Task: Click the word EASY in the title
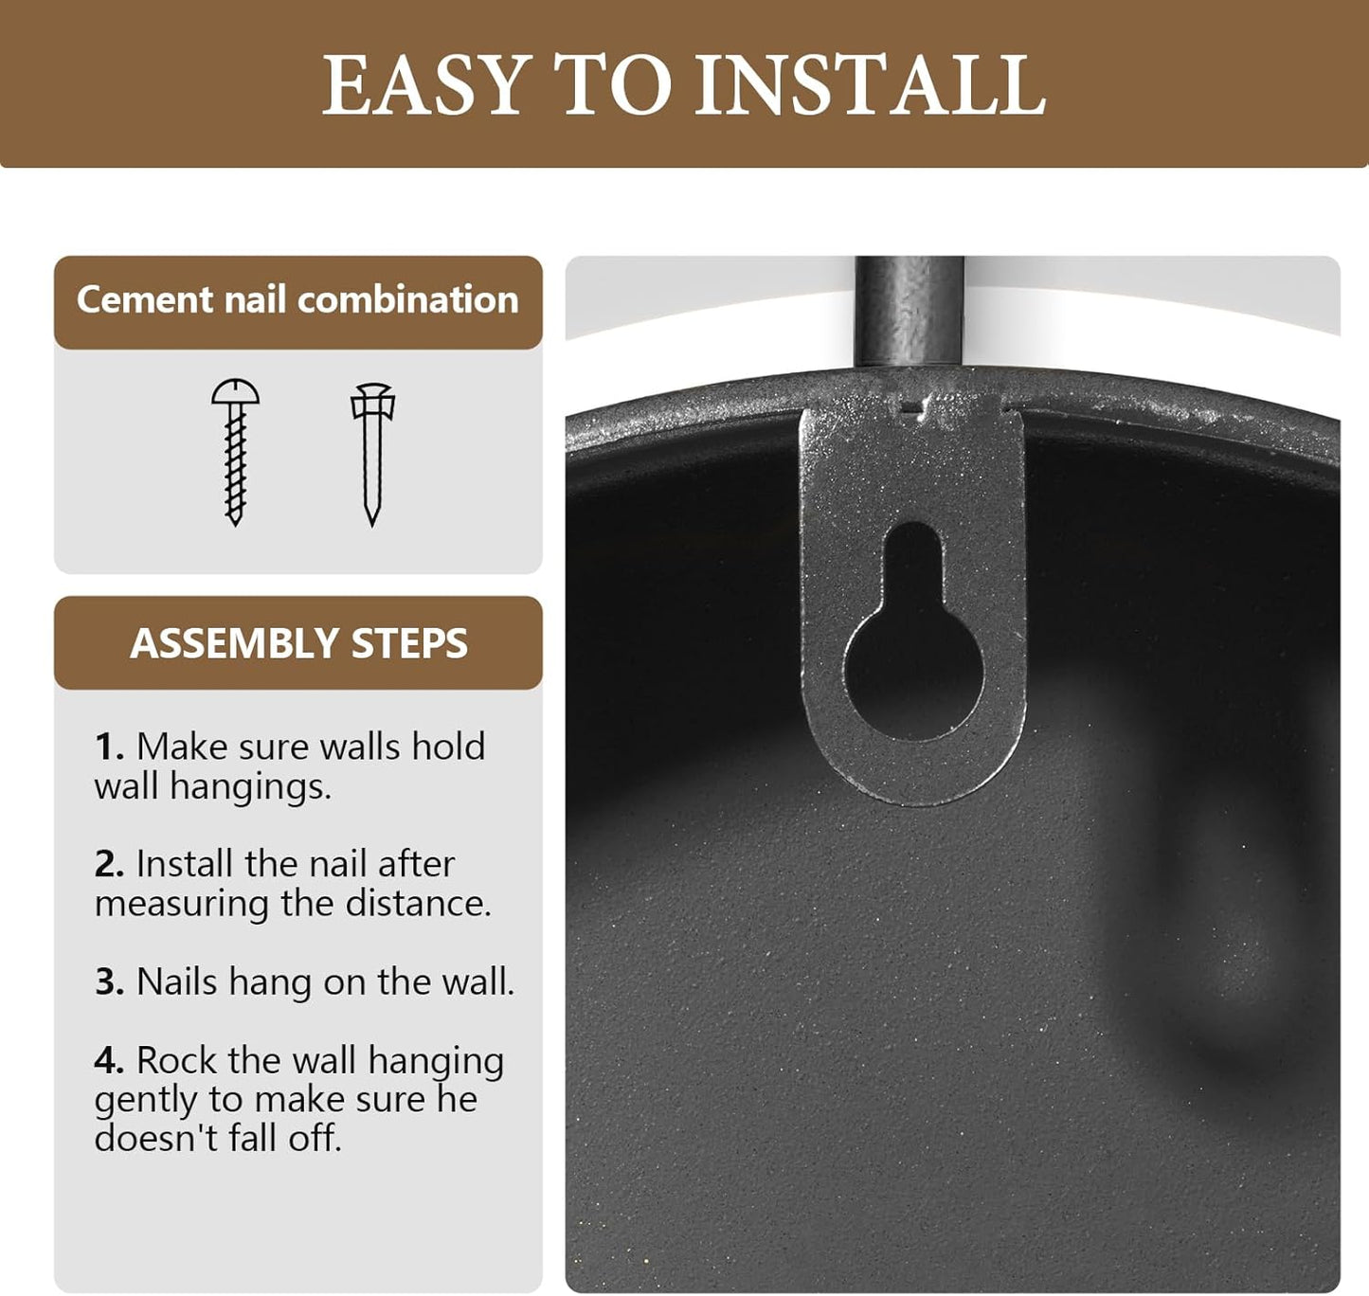424,85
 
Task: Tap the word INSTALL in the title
871,85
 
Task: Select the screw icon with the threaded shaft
235,452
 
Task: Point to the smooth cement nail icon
372,454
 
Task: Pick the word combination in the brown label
408,300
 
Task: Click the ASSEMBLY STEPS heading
298,642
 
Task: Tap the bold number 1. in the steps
109,747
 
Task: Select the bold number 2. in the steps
109,864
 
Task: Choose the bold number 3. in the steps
109,981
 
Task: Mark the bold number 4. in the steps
109,1060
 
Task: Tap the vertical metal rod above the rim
910,312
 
